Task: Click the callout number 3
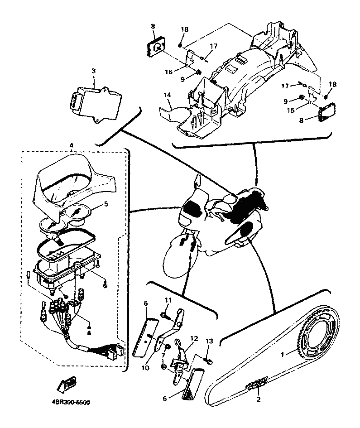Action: [x=94, y=71]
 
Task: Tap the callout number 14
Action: [x=167, y=95]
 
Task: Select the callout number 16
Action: [x=168, y=72]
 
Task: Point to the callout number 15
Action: [x=291, y=110]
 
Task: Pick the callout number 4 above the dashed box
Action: [x=71, y=145]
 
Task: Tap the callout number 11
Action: [x=168, y=300]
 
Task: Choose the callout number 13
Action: [x=209, y=341]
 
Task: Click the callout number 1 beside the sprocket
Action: [x=283, y=354]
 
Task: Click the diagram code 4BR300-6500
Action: [x=71, y=403]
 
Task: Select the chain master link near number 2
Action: [x=257, y=382]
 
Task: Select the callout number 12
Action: [x=194, y=338]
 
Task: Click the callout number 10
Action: [x=145, y=368]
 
